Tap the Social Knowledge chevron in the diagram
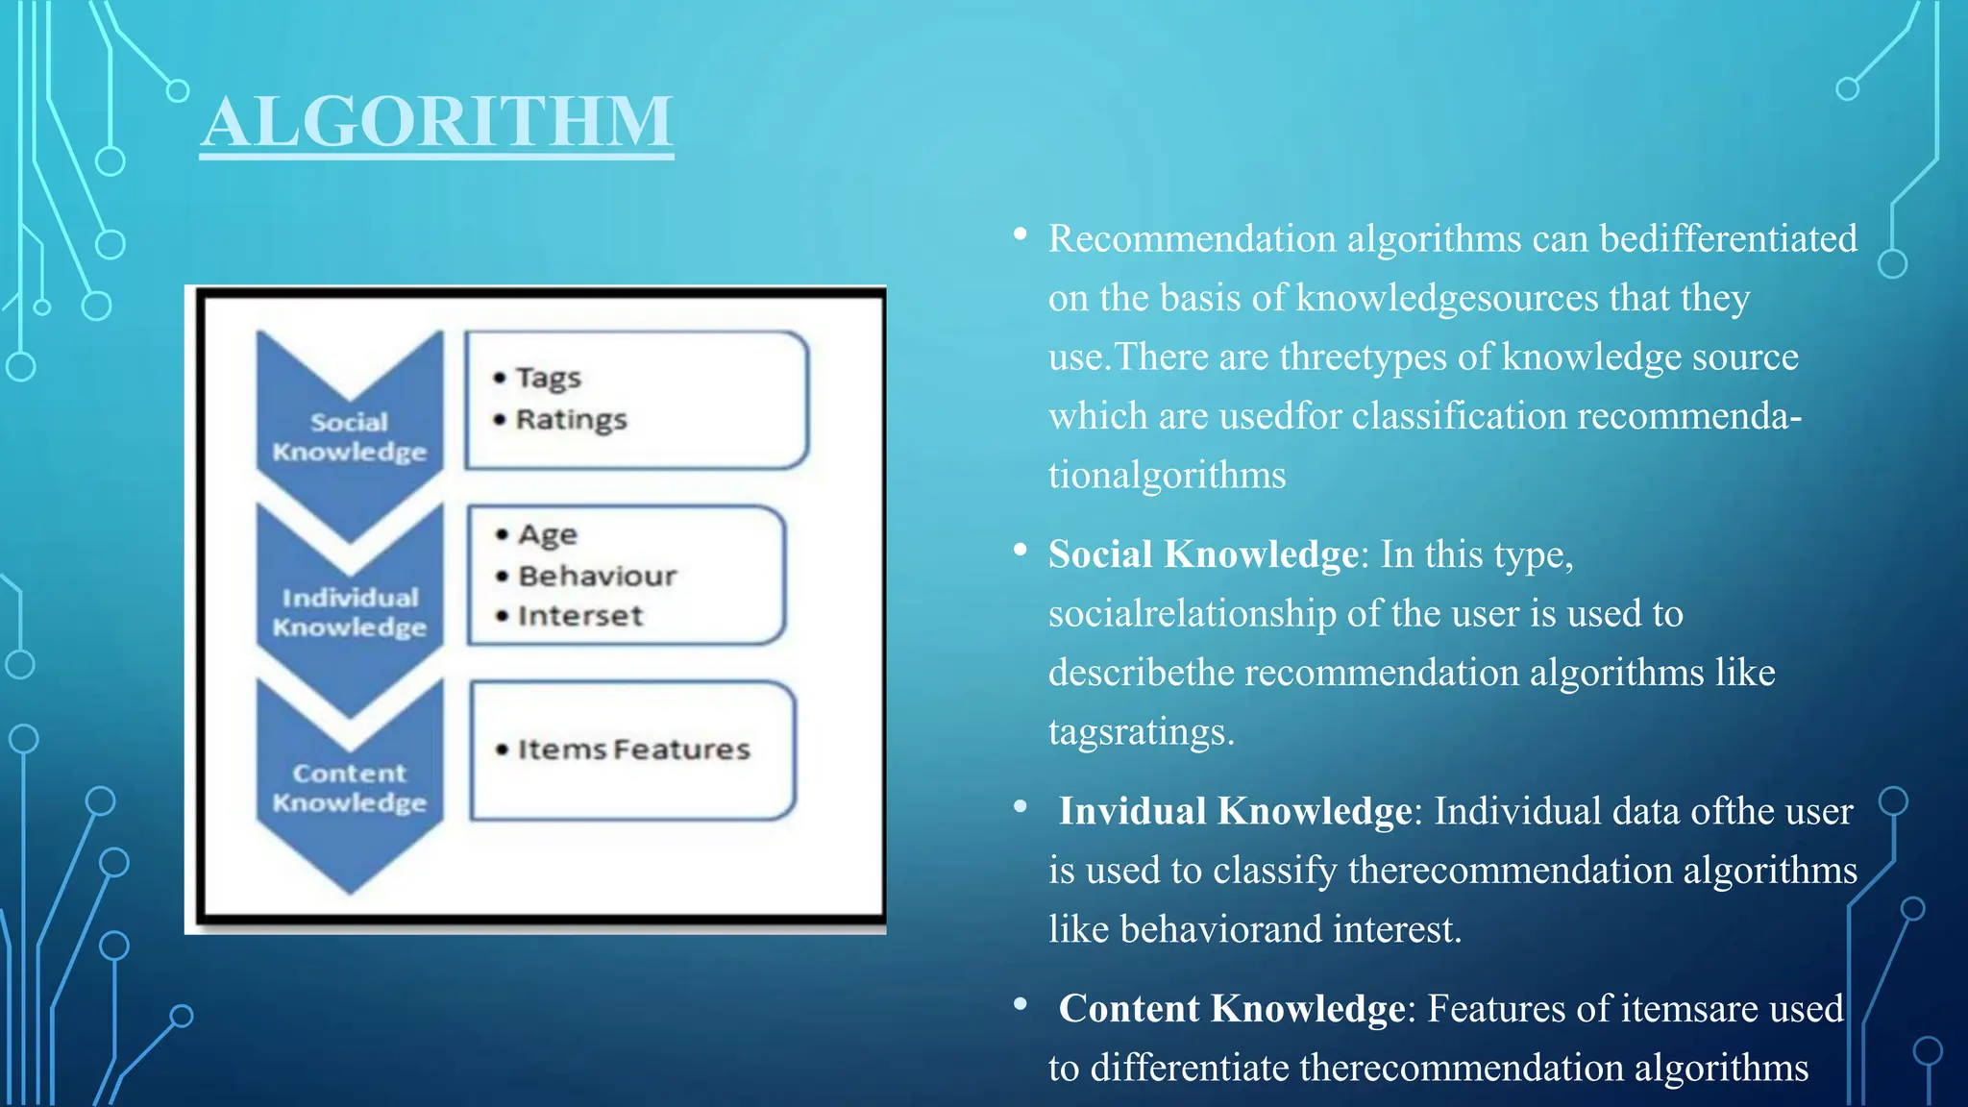(350, 435)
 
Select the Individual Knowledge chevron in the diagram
(350, 611)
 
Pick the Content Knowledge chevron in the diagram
(350, 787)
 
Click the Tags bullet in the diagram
(548, 378)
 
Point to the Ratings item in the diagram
(571, 420)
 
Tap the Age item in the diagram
(548, 534)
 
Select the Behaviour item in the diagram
(597, 576)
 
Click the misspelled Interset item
(580, 616)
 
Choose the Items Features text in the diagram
(633, 750)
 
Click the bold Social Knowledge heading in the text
(1203, 554)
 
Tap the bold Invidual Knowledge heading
(1235, 811)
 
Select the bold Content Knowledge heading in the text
(1232, 1009)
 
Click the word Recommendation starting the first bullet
(1192, 238)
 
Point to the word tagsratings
(1140, 732)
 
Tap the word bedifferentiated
(1728, 238)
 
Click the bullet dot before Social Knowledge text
(1021, 550)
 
